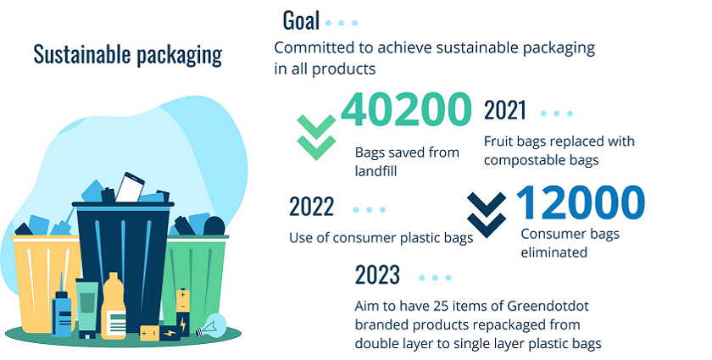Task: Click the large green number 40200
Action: click(406, 109)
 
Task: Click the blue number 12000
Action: click(581, 202)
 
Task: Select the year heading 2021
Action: click(505, 110)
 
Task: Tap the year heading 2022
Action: click(312, 207)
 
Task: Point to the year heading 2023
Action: click(377, 274)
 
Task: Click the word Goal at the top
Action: click(301, 20)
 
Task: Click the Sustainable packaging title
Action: click(128, 54)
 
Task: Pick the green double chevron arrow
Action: click(316, 137)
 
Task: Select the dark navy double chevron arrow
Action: click(487, 215)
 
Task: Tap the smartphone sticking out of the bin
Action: click(130, 186)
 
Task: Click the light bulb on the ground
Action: click(211, 326)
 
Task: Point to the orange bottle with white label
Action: click(114, 306)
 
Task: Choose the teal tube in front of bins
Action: click(87, 307)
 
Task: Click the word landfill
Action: click(376, 171)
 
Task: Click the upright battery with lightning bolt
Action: click(183, 312)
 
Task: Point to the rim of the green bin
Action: click(197, 237)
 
